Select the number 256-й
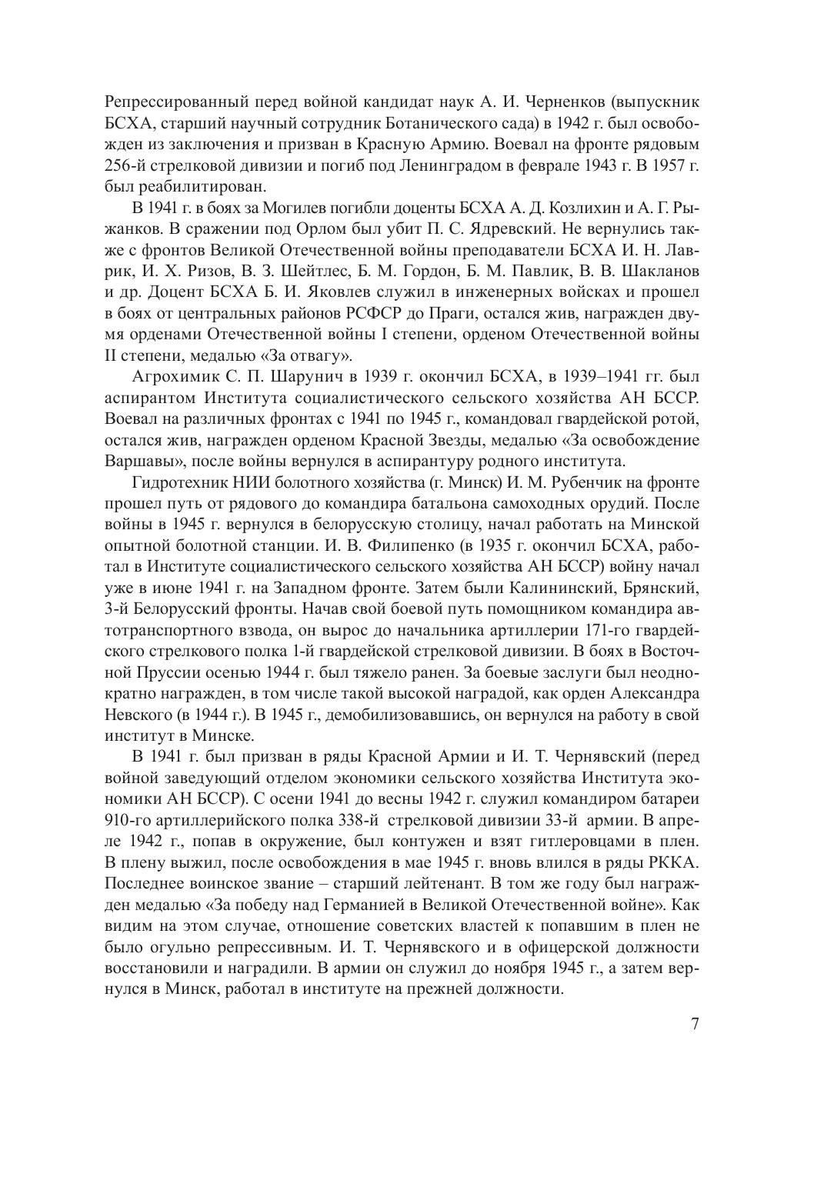point(123,165)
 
